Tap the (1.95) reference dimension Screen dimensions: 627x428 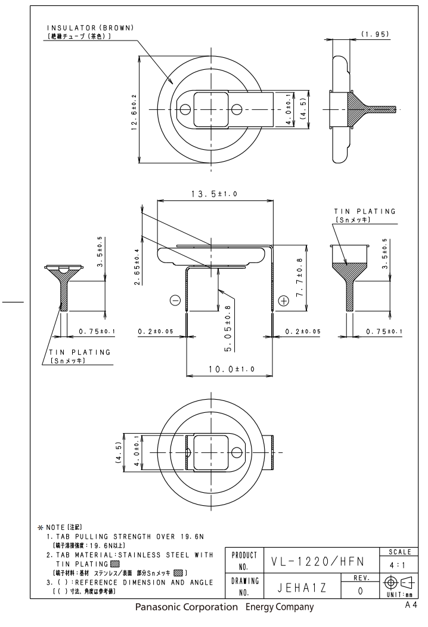pyautogui.click(x=376, y=34)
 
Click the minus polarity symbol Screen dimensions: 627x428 pyautogui.click(x=175, y=300)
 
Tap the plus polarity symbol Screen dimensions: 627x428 pyautogui.click(x=284, y=300)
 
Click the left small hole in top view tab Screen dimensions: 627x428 pyautogui.click(x=185, y=110)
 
